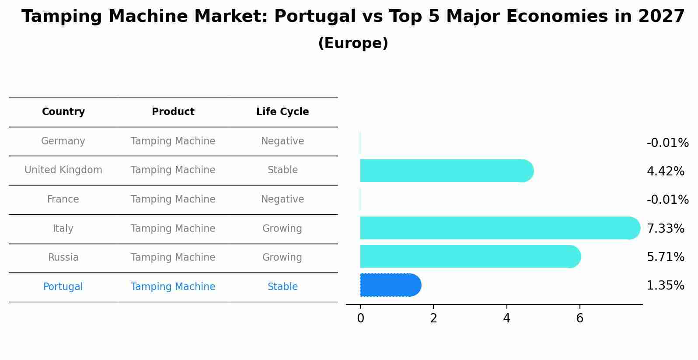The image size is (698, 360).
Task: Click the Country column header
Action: tap(63, 112)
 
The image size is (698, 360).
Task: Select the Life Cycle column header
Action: tap(283, 112)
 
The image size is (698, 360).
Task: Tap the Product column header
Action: tap(173, 112)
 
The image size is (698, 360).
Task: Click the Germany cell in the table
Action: tap(63, 141)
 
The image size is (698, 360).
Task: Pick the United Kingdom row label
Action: tap(63, 170)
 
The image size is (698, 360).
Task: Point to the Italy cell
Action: tap(63, 229)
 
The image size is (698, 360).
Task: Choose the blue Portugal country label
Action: tap(63, 287)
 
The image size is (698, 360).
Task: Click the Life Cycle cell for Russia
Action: tap(282, 258)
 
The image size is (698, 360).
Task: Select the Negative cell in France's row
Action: tap(283, 199)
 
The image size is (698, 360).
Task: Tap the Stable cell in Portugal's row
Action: tap(283, 287)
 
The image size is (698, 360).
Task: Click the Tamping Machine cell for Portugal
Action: tap(173, 287)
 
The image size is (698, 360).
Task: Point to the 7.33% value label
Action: tap(665, 228)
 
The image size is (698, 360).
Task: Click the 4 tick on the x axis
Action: tap(506, 318)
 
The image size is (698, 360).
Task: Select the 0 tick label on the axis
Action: tap(360, 318)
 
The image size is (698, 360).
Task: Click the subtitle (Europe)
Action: tap(353, 43)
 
